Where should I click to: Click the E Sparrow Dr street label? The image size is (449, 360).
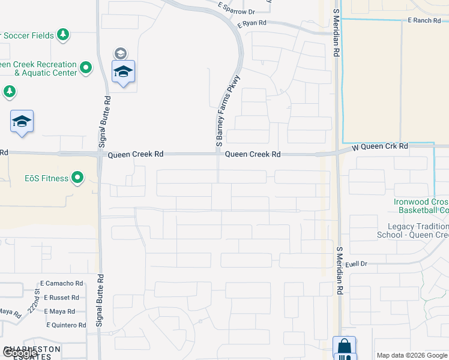point(237,11)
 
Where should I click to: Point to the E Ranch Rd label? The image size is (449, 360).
point(424,20)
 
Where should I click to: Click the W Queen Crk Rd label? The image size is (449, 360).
point(379,146)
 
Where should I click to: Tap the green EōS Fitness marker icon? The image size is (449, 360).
point(77,178)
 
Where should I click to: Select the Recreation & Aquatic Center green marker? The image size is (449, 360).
point(86,68)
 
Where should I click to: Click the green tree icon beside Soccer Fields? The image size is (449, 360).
point(64,35)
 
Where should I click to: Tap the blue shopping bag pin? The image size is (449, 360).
point(345,347)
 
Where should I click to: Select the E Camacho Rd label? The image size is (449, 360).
point(62,283)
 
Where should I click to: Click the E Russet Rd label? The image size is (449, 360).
point(59,297)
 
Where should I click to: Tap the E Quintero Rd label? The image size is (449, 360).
point(66,325)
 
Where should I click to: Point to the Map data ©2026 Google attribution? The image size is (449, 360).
point(412,355)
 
